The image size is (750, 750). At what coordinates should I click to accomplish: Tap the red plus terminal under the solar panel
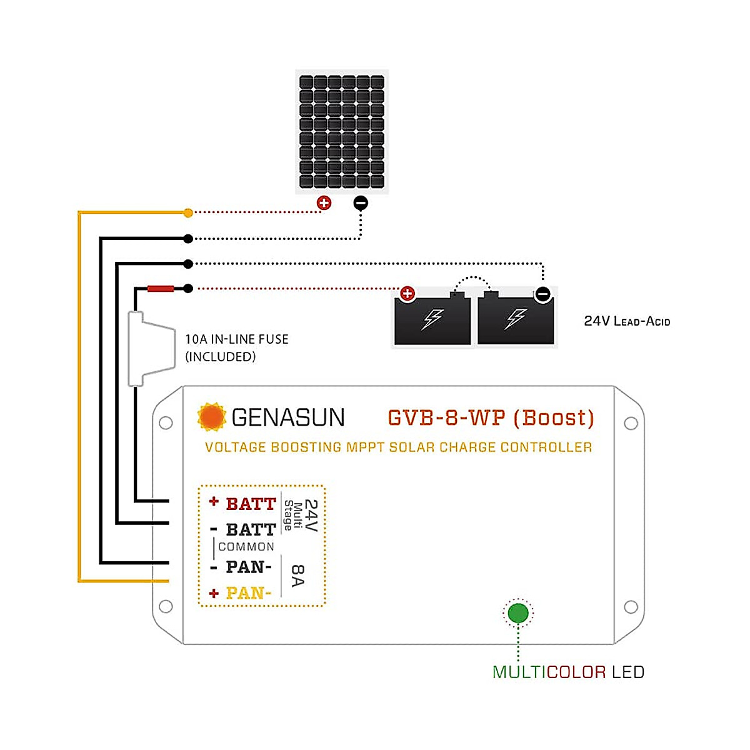[324, 202]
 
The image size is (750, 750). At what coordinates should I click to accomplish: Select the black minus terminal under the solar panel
[361, 202]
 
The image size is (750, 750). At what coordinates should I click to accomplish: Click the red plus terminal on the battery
[407, 293]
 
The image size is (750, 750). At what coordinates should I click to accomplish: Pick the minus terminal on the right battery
[543, 294]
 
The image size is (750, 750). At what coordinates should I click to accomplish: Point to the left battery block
[432, 319]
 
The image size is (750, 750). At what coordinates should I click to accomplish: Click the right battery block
[516, 319]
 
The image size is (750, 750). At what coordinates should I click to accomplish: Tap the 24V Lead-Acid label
[627, 321]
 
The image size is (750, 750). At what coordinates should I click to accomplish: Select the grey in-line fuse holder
[150, 348]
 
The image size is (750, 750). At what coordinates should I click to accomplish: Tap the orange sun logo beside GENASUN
[211, 417]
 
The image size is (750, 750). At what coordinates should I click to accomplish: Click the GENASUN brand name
[287, 417]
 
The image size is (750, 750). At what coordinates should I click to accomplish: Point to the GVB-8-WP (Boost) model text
[491, 417]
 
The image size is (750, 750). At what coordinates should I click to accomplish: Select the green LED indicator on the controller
[518, 613]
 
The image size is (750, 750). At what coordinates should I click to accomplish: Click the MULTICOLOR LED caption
[568, 672]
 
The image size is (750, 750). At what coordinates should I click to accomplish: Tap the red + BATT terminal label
[243, 503]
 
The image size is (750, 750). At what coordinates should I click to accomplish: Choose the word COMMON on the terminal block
[246, 547]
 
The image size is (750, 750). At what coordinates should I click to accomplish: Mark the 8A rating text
[298, 576]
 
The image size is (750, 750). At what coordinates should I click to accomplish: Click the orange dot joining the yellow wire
[188, 213]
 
